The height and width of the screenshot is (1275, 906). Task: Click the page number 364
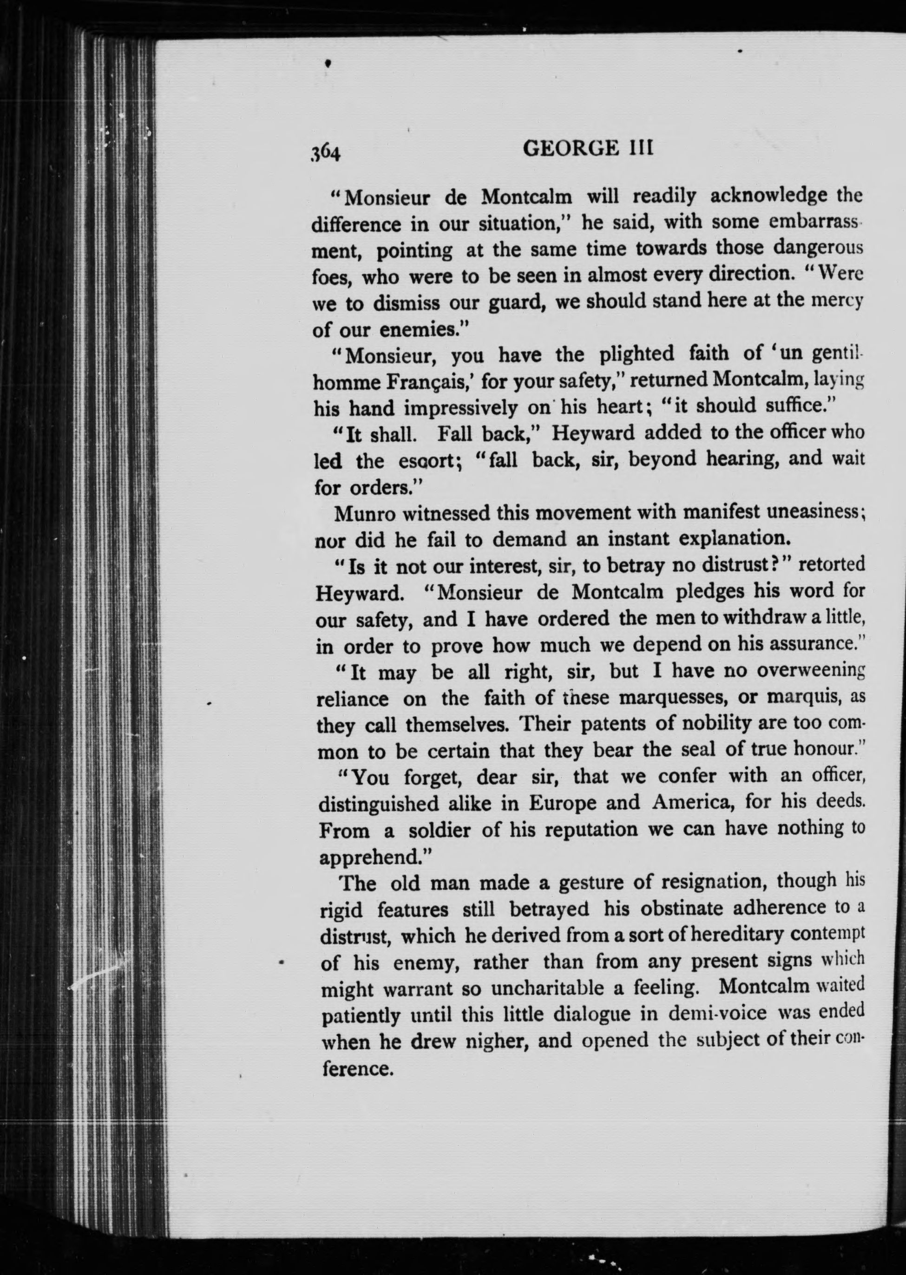[x=326, y=152]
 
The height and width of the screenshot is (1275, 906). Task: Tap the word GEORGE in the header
[x=570, y=149]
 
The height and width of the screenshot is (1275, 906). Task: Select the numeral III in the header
[x=639, y=149]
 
